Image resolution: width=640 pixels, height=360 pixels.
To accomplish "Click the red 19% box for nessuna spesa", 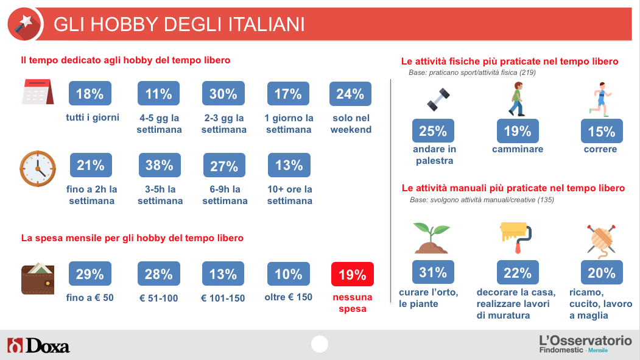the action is click(352, 274).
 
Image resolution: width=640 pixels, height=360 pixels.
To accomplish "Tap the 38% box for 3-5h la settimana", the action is click(160, 165).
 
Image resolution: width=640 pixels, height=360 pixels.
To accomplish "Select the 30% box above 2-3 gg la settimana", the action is click(223, 93).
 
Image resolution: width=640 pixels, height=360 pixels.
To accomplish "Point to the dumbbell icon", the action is click(438, 99).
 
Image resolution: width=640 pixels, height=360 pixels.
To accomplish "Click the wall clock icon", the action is click(38, 169).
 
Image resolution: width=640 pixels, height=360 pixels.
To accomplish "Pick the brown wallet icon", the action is click(38, 278).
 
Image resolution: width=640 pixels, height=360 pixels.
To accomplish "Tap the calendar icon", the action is click(38, 92).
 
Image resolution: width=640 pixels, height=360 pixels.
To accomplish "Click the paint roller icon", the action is click(516, 237).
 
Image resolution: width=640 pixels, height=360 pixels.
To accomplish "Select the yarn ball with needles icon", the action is click(601, 241).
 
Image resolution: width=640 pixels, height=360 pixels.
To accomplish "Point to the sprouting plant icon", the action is click(431, 238).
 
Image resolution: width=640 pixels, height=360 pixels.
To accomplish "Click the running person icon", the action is click(600, 99).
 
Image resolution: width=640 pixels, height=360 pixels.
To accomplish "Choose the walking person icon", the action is click(517, 99).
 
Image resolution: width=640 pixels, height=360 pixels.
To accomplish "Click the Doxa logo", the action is click(38, 346).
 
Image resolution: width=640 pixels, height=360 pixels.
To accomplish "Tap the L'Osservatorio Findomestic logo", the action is click(585, 344).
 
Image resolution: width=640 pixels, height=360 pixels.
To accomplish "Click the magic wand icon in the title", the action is click(24, 23).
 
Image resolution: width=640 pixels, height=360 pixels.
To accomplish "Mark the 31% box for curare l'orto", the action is click(433, 272).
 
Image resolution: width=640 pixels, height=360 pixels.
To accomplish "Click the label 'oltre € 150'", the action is click(289, 297).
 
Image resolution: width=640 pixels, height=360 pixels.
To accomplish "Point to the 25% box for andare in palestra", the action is click(433, 130).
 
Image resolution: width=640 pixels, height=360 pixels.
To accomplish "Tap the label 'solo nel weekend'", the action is click(351, 124).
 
